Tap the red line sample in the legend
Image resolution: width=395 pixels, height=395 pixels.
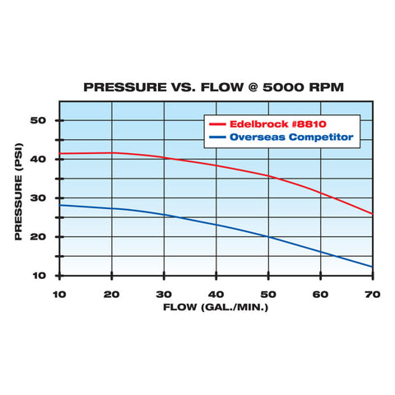point(219,122)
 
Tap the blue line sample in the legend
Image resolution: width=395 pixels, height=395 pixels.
point(219,137)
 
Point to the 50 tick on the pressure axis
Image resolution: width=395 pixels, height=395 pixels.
point(38,121)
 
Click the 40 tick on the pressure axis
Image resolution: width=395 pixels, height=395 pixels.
point(38,160)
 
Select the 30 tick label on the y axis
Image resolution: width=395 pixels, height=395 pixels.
point(38,198)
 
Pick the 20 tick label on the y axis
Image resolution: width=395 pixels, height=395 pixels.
point(38,237)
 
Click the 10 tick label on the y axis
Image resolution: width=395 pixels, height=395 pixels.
point(38,275)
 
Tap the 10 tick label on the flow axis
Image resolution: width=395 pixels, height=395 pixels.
point(59,294)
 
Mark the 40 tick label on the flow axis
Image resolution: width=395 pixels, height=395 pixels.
point(216,294)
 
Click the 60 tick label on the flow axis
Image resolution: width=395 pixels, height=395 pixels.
point(320,294)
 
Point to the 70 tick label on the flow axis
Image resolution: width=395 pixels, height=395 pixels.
point(371,294)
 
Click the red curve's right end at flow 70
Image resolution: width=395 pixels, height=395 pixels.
point(371,214)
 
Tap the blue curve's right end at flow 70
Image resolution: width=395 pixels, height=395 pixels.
point(371,267)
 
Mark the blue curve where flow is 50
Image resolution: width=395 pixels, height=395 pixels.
point(267,237)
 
